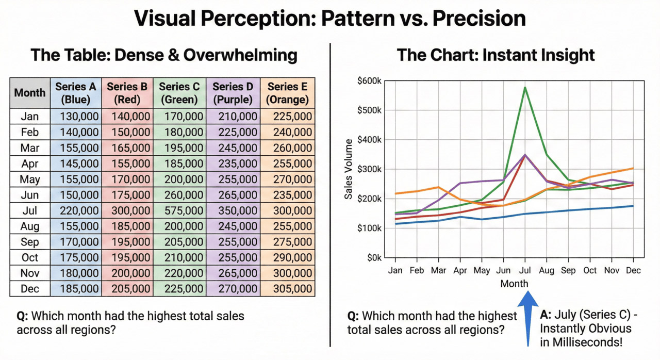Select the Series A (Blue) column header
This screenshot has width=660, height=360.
(x=76, y=93)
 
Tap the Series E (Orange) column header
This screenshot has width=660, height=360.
(x=287, y=93)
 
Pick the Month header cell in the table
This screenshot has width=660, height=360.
(x=30, y=93)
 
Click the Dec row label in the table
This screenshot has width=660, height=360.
(x=30, y=289)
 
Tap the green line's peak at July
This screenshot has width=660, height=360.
(x=525, y=87)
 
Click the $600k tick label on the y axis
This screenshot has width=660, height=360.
(x=369, y=81)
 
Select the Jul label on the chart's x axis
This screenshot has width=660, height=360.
(x=525, y=270)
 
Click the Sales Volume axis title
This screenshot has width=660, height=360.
(x=349, y=169)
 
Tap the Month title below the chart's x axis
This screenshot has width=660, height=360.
(x=514, y=284)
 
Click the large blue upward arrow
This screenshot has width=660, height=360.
(x=528, y=317)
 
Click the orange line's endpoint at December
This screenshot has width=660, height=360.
(x=633, y=168)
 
